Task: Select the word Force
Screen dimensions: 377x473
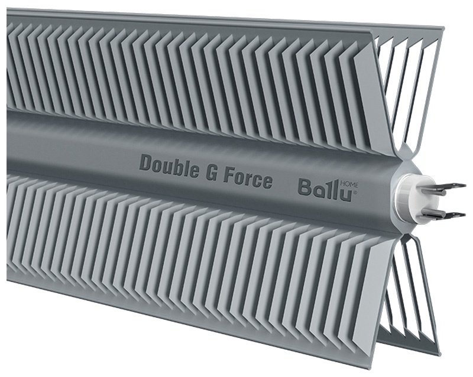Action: click(249, 179)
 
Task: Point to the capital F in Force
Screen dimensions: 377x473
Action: click(229, 176)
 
